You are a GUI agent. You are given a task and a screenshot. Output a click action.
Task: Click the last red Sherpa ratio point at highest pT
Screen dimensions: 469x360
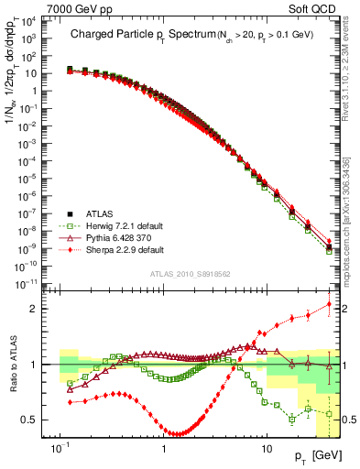click(x=330, y=304)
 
